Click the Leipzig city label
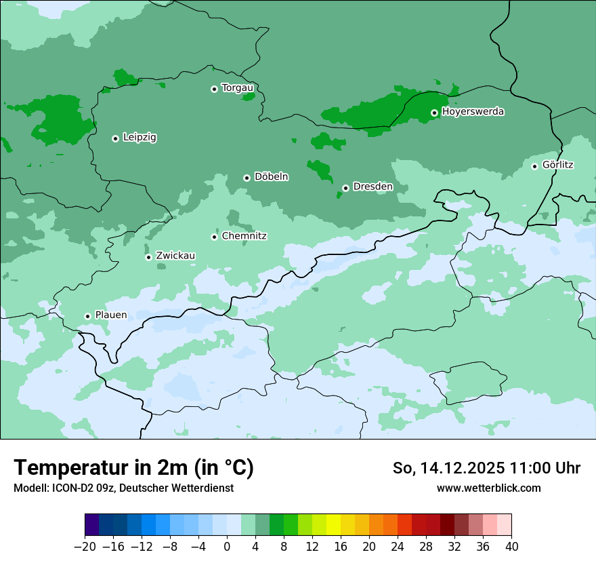(x=140, y=138)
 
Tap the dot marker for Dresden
(x=345, y=188)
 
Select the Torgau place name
(x=238, y=88)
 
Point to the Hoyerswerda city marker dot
(x=434, y=113)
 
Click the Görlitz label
(x=558, y=165)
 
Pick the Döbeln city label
(x=271, y=177)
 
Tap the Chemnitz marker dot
(x=214, y=237)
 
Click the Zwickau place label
(x=175, y=256)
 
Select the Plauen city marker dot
(x=87, y=316)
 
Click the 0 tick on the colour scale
(x=227, y=546)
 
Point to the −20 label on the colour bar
(x=84, y=546)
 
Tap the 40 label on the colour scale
(x=511, y=546)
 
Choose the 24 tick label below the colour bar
(x=398, y=546)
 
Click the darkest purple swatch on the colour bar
(x=91, y=525)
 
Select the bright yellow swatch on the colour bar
(x=333, y=525)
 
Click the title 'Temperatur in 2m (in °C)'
(x=133, y=467)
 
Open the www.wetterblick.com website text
(x=488, y=488)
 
